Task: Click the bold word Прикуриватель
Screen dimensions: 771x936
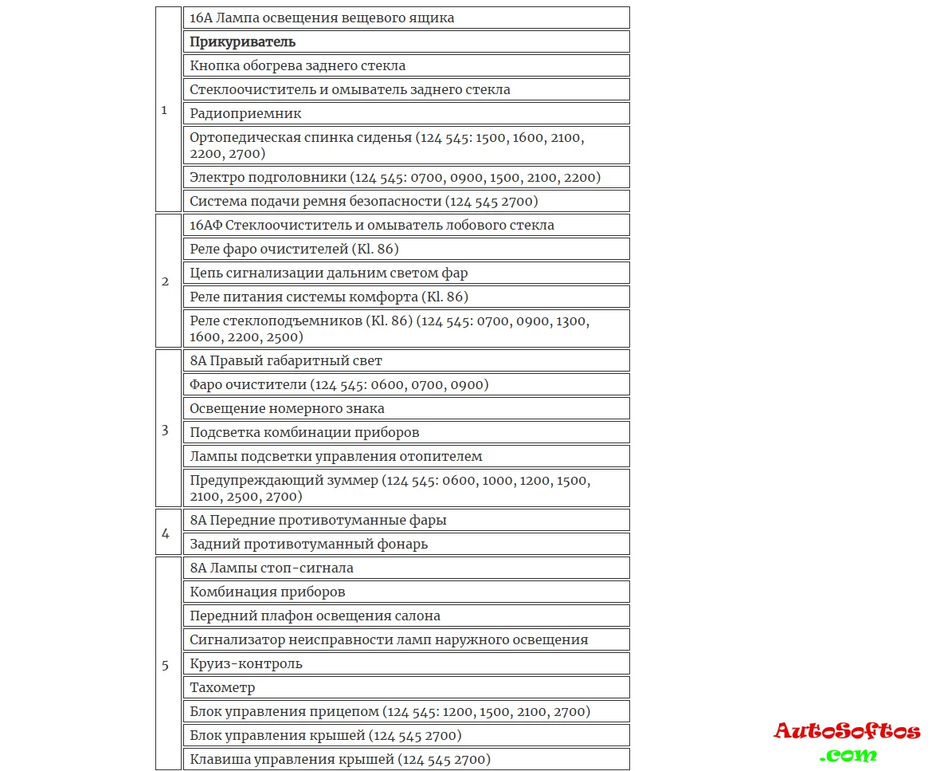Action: click(242, 41)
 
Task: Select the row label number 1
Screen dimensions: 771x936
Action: click(165, 110)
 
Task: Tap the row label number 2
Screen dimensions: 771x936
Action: click(165, 281)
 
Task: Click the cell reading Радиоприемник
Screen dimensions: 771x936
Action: click(245, 113)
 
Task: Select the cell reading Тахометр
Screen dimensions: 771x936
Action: click(222, 687)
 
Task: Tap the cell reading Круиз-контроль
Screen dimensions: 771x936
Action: click(246, 663)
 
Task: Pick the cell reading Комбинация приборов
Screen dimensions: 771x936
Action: click(267, 592)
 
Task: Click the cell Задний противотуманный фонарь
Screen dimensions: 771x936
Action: click(308, 544)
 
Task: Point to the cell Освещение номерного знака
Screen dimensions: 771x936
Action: click(287, 408)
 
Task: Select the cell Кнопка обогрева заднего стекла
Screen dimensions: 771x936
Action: click(297, 65)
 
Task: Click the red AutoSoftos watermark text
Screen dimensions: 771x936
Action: click(846, 730)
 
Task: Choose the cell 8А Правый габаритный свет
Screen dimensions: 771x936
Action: click(285, 360)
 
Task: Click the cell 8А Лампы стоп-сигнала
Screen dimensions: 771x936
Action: click(271, 568)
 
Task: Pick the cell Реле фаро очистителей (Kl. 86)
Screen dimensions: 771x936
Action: click(294, 249)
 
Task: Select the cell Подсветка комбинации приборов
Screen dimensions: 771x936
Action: click(304, 432)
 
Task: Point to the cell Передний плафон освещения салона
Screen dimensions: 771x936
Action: click(315, 616)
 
